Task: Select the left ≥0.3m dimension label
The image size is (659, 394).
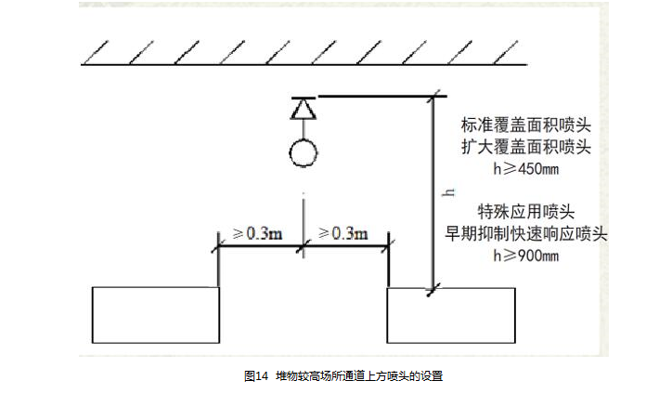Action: (x=257, y=232)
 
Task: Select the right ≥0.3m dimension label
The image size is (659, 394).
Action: (x=342, y=232)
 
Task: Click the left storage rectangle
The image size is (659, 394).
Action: (x=156, y=315)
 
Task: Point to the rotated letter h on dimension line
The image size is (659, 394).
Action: (x=447, y=191)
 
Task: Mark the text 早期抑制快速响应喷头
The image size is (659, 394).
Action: (x=527, y=233)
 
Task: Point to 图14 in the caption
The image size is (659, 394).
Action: (x=255, y=375)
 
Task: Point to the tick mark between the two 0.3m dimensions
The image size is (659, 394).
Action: (x=304, y=247)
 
